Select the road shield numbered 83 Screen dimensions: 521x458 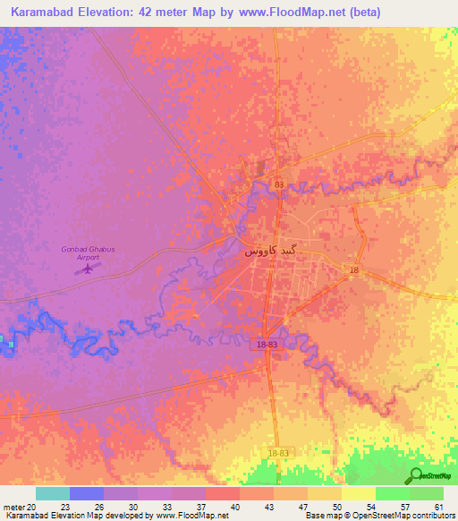tap(279, 184)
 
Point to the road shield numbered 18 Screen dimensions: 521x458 tap(354, 270)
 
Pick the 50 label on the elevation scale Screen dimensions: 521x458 tap(337, 506)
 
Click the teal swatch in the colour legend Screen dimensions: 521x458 tap(52, 493)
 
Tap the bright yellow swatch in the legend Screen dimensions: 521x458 tap(358, 493)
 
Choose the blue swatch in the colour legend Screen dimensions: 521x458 tap(86, 493)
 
